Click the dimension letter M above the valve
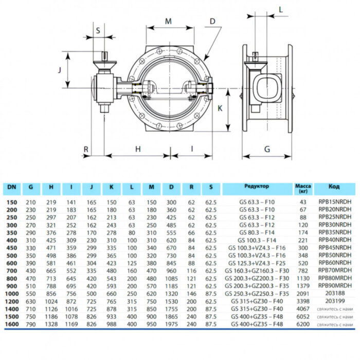(169, 22)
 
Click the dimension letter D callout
(212, 22)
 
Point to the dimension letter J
(60, 70)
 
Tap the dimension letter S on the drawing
(98, 30)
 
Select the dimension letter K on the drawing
(220, 109)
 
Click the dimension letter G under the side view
(267, 149)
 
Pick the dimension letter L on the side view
(281, 9)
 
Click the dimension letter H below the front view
(138, 149)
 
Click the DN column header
(11, 187)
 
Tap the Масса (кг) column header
(302, 187)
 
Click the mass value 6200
(302, 326)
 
